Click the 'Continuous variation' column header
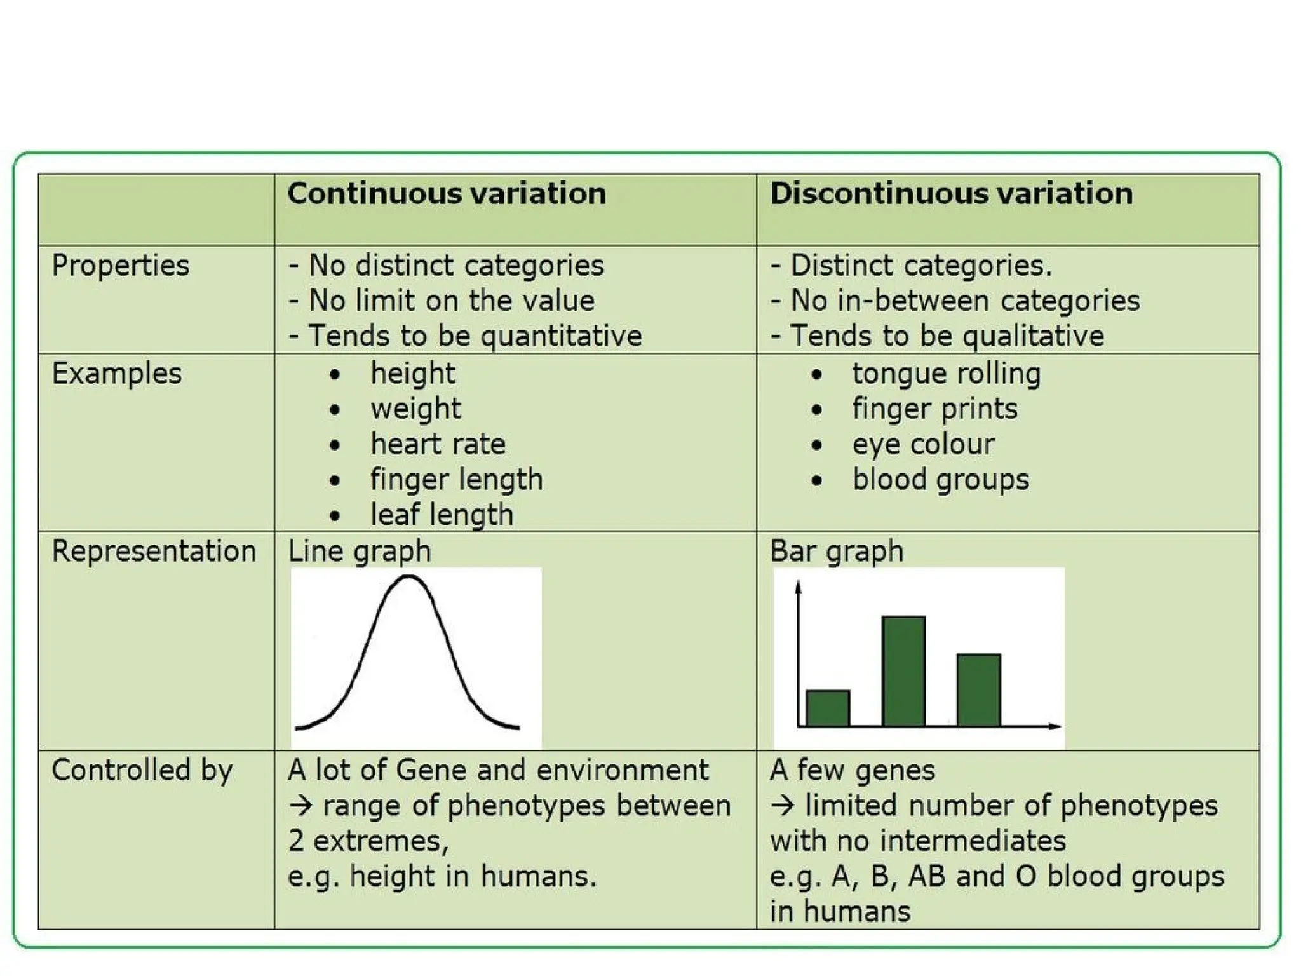(447, 193)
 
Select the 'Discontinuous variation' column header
(951, 193)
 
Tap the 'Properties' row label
(120, 265)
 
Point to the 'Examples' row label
(116, 373)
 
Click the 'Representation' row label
(154, 551)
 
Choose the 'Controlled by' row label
(142, 770)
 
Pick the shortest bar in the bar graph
(827, 708)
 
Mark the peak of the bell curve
(408, 576)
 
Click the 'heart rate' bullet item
(438, 444)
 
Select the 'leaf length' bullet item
(442, 515)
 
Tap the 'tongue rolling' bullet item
(947, 373)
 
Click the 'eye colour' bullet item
(923, 444)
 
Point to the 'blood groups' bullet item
(940, 479)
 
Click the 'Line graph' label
(359, 551)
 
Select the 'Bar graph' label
(836, 551)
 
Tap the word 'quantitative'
(561, 336)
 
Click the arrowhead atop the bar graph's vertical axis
(799, 587)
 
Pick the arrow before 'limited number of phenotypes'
(783, 806)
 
